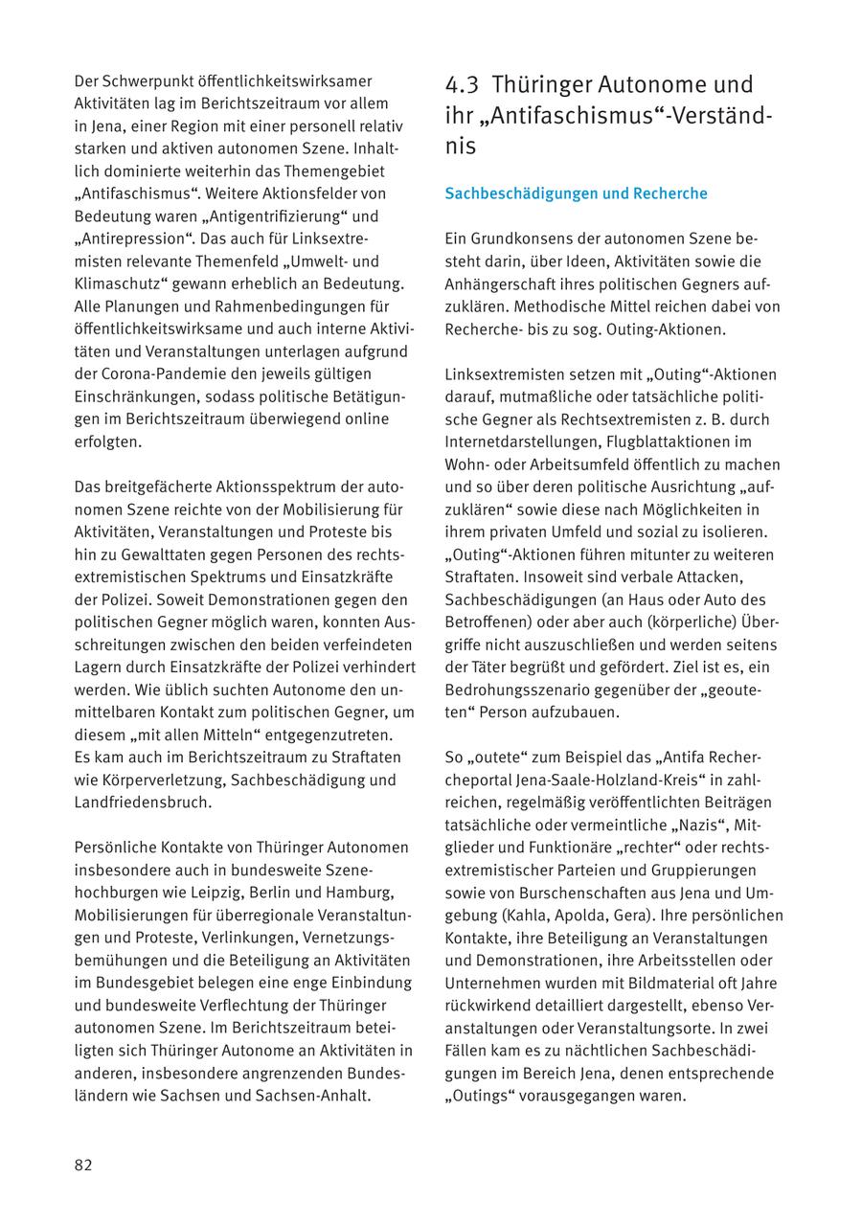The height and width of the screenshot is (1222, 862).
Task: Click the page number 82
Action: (x=83, y=1165)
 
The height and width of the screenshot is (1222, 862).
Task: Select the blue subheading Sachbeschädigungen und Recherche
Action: (x=576, y=193)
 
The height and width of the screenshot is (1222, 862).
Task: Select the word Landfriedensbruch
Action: (x=144, y=803)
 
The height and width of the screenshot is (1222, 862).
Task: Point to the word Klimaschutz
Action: (x=119, y=284)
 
